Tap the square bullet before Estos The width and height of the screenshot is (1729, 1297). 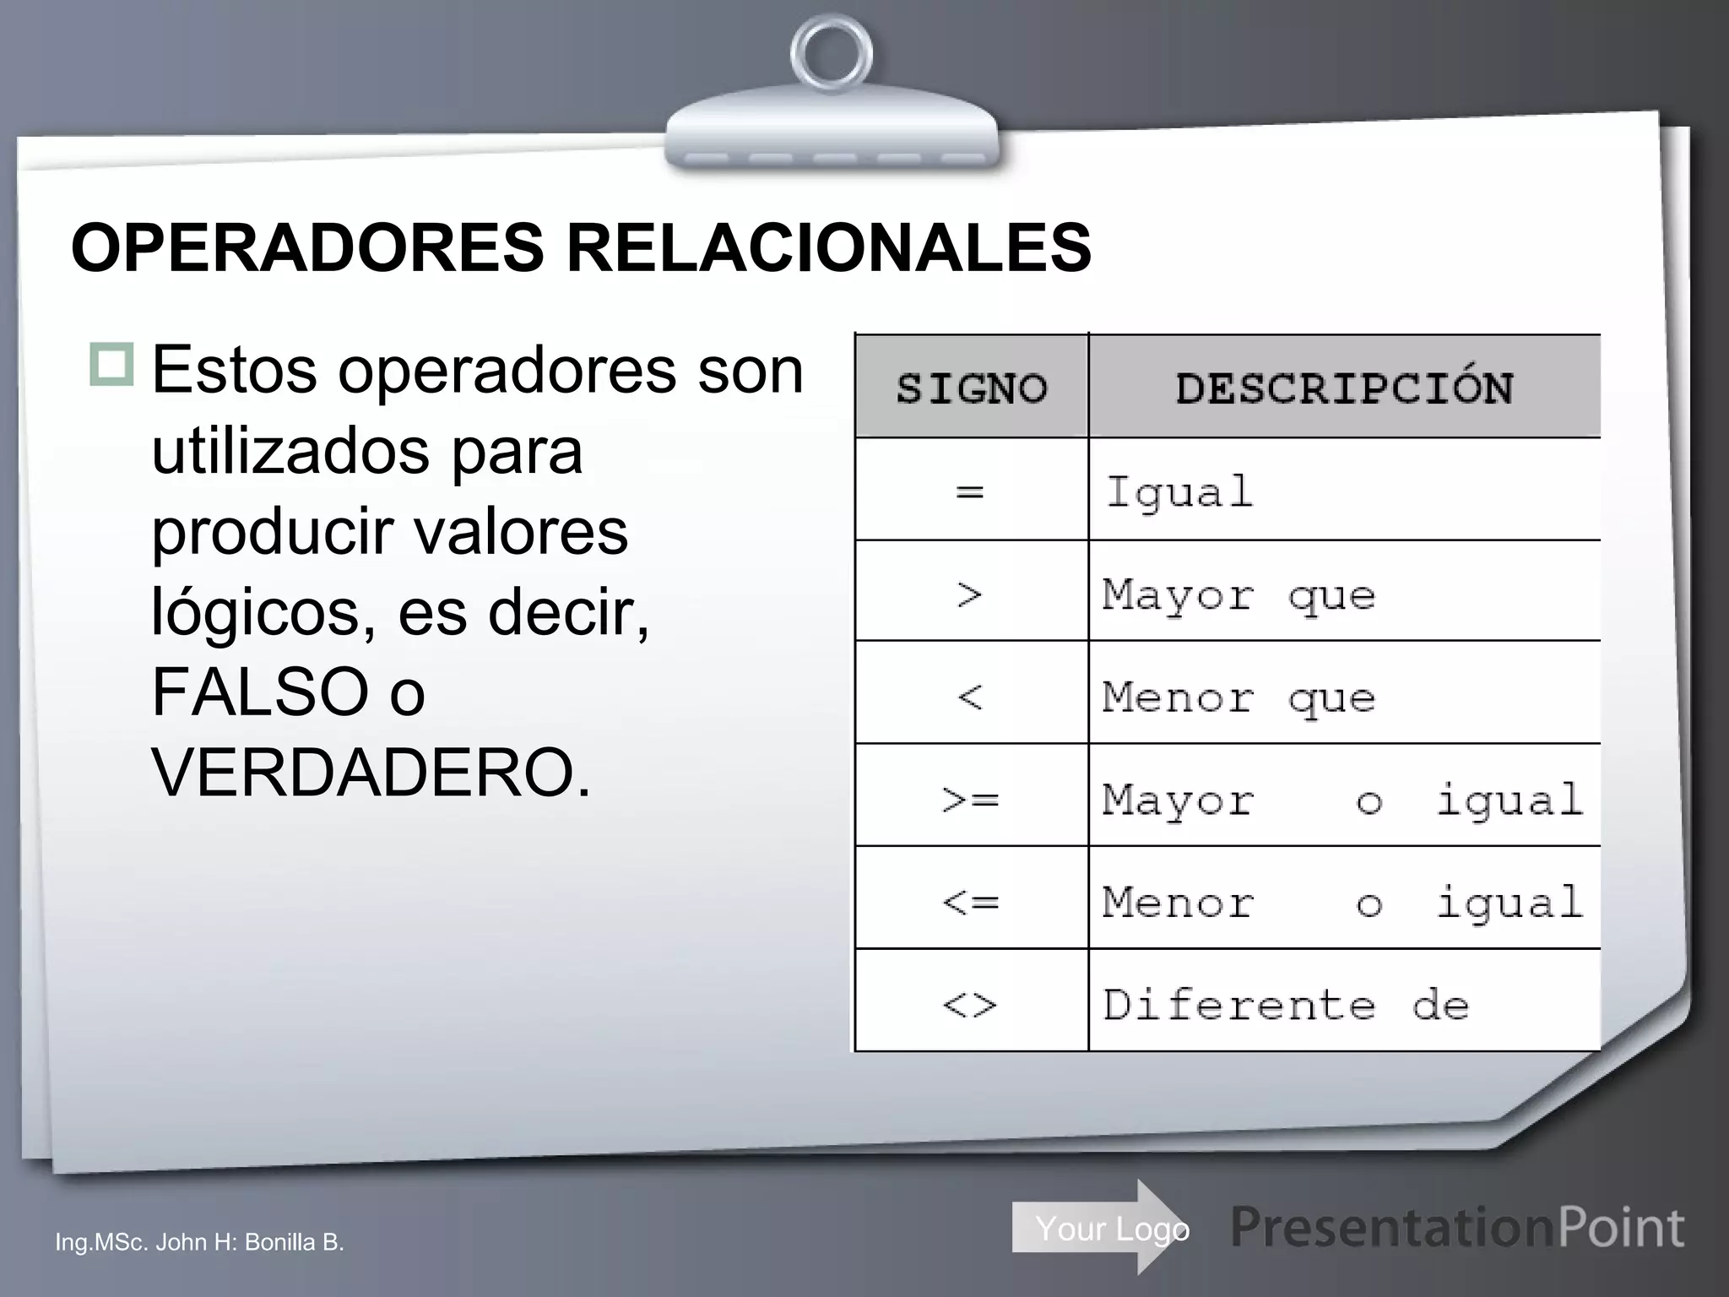coord(111,364)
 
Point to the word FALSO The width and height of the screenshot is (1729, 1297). coord(259,692)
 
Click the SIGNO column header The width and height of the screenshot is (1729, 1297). coord(971,388)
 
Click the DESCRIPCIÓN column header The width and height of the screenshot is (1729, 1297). coord(1344,388)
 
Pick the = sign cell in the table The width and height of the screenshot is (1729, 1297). coord(971,491)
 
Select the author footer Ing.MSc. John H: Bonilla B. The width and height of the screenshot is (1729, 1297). coord(199,1242)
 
